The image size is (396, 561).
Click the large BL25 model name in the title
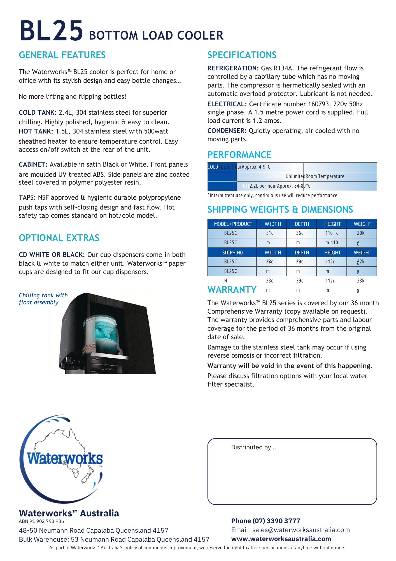click(51, 31)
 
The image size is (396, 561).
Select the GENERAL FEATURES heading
click(62, 55)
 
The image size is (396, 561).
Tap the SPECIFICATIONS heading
click(242, 55)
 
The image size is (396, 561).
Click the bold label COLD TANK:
click(38, 112)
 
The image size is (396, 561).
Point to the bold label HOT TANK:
click(36, 131)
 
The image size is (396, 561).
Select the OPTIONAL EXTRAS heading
click(59, 238)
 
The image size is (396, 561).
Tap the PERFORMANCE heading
click(239, 155)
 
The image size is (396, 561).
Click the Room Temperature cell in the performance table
click(325, 176)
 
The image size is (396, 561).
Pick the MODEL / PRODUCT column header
click(233, 224)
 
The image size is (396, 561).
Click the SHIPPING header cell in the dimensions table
click(233, 252)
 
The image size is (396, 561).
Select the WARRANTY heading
click(232, 290)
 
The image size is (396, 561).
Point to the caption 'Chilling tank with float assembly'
click(43, 299)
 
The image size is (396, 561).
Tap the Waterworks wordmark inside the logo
click(65, 459)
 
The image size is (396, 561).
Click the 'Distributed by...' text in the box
click(253, 447)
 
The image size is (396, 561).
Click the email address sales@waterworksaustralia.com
click(301, 530)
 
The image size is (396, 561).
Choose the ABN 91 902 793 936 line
click(41, 521)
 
